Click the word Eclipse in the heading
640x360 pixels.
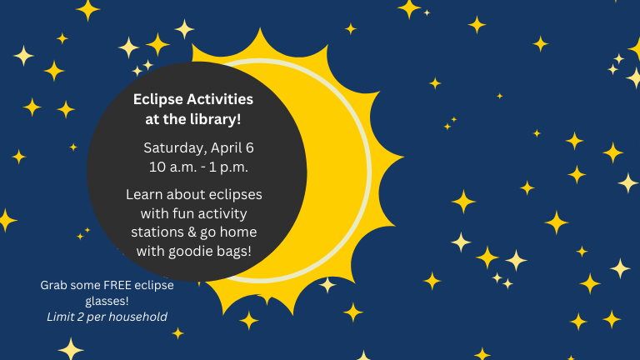[x=156, y=100]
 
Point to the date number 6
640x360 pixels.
[x=249, y=148]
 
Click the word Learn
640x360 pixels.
[x=145, y=194]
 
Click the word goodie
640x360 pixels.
[x=197, y=250]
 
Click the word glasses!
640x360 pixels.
[x=107, y=301]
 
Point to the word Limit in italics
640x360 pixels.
[x=62, y=317]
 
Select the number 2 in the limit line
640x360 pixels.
[x=84, y=317]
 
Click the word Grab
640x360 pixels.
[x=54, y=285]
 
